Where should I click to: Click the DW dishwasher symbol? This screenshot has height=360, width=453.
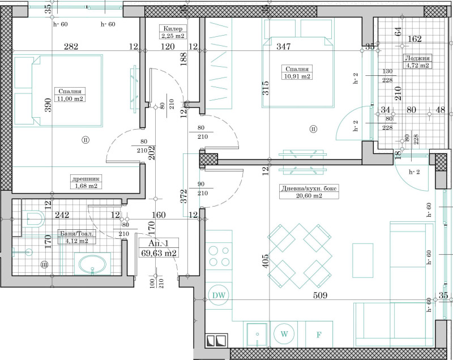218,294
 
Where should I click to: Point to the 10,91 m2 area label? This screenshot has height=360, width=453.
297,76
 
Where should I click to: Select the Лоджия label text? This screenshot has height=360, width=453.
416,58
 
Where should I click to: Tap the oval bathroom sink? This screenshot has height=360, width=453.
92,264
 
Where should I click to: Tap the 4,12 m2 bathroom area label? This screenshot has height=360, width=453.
76,241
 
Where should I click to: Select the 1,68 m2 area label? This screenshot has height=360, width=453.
86,185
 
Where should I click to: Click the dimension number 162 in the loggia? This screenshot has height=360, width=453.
414,39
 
